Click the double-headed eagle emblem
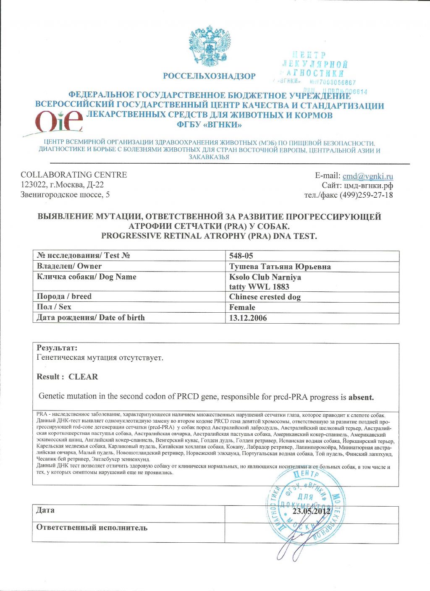point(210,45)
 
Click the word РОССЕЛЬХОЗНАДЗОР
point(209,76)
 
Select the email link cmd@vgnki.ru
point(368,176)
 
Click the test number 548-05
point(241,256)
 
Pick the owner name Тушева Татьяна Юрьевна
point(280,267)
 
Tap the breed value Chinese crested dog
point(265,297)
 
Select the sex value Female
point(242,307)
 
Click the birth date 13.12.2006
point(248,318)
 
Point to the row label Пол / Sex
point(54,307)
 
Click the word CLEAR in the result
point(83,377)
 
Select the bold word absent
point(361,397)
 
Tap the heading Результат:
point(57,348)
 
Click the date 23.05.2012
point(311,511)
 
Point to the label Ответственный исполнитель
point(92,528)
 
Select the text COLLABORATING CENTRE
point(73,175)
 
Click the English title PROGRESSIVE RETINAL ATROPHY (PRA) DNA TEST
point(209,236)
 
